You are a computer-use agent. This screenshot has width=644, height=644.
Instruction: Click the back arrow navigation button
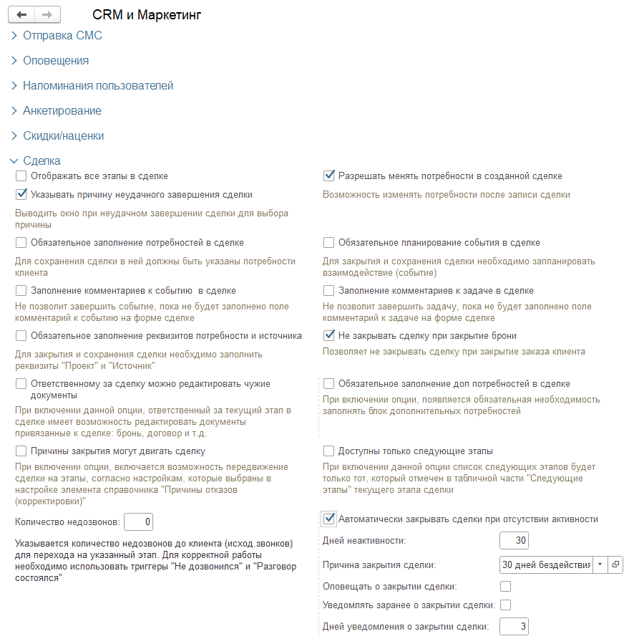[x=21, y=14]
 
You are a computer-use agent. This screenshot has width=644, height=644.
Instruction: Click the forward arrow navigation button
[x=47, y=14]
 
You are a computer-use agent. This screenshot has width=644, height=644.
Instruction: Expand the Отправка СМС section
[x=62, y=35]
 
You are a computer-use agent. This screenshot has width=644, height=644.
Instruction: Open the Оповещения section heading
[x=56, y=60]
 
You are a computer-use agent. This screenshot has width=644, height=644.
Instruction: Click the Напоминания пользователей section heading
[x=98, y=85]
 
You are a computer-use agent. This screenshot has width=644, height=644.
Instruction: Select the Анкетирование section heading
[x=62, y=110]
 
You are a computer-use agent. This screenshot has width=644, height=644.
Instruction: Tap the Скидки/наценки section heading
[x=64, y=135]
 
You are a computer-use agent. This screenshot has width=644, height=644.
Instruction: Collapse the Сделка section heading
[x=42, y=160]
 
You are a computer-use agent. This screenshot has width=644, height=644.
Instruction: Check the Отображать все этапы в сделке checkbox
[x=21, y=176]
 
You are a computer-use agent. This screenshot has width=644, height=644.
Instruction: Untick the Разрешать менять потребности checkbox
[x=329, y=176]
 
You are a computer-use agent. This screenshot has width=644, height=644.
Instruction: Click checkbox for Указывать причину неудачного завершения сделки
[x=21, y=194]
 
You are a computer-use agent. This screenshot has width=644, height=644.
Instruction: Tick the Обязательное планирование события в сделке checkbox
[x=329, y=242]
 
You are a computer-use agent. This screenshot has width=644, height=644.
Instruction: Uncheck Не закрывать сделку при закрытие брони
[x=329, y=335]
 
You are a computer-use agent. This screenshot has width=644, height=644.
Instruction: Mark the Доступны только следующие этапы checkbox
[x=329, y=451]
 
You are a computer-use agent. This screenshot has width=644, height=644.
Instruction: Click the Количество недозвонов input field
[x=138, y=522]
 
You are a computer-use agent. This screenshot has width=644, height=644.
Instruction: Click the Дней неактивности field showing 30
[x=514, y=540]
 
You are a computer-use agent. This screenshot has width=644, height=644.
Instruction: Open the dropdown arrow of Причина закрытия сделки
[x=599, y=564]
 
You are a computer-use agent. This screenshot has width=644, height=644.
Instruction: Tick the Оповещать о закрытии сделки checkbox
[x=505, y=586]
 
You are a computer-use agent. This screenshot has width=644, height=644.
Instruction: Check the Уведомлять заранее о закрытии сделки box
[x=505, y=605]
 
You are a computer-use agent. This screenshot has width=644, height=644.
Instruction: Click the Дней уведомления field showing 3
[x=514, y=627]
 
